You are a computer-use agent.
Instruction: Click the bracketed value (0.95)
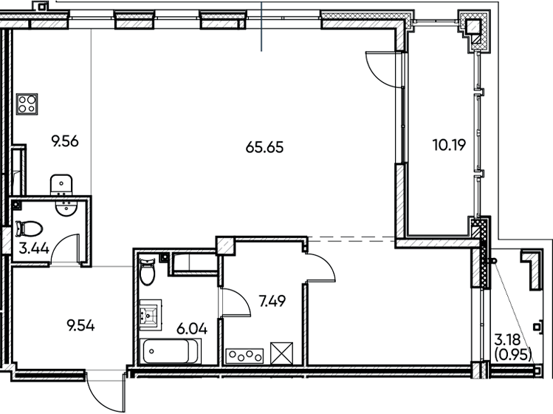(x=512, y=354)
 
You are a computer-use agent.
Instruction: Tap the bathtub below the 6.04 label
(x=173, y=351)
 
